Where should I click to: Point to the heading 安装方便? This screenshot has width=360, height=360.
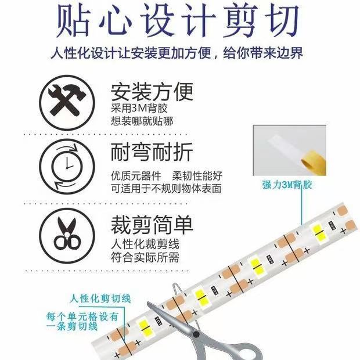coord(152,92)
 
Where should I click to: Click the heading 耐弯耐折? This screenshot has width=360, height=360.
coord(152,153)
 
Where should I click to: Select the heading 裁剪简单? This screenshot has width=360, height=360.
coord(152,225)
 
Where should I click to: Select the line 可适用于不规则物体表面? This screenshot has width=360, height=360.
coord(166,189)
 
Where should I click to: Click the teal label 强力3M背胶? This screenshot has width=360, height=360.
coord(287,185)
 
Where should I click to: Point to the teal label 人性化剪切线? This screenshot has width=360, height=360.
coord(100,298)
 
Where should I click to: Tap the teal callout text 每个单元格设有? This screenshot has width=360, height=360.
coord(82,316)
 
